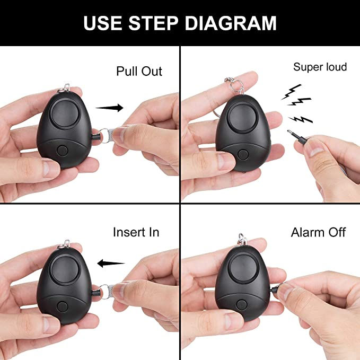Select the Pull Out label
click(x=139, y=72)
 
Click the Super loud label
click(x=320, y=67)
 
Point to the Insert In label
click(x=136, y=232)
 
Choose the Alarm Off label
click(x=318, y=233)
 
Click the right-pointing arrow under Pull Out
click(x=109, y=108)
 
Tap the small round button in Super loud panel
click(x=243, y=155)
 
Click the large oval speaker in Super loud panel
click(x=242, y=121)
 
